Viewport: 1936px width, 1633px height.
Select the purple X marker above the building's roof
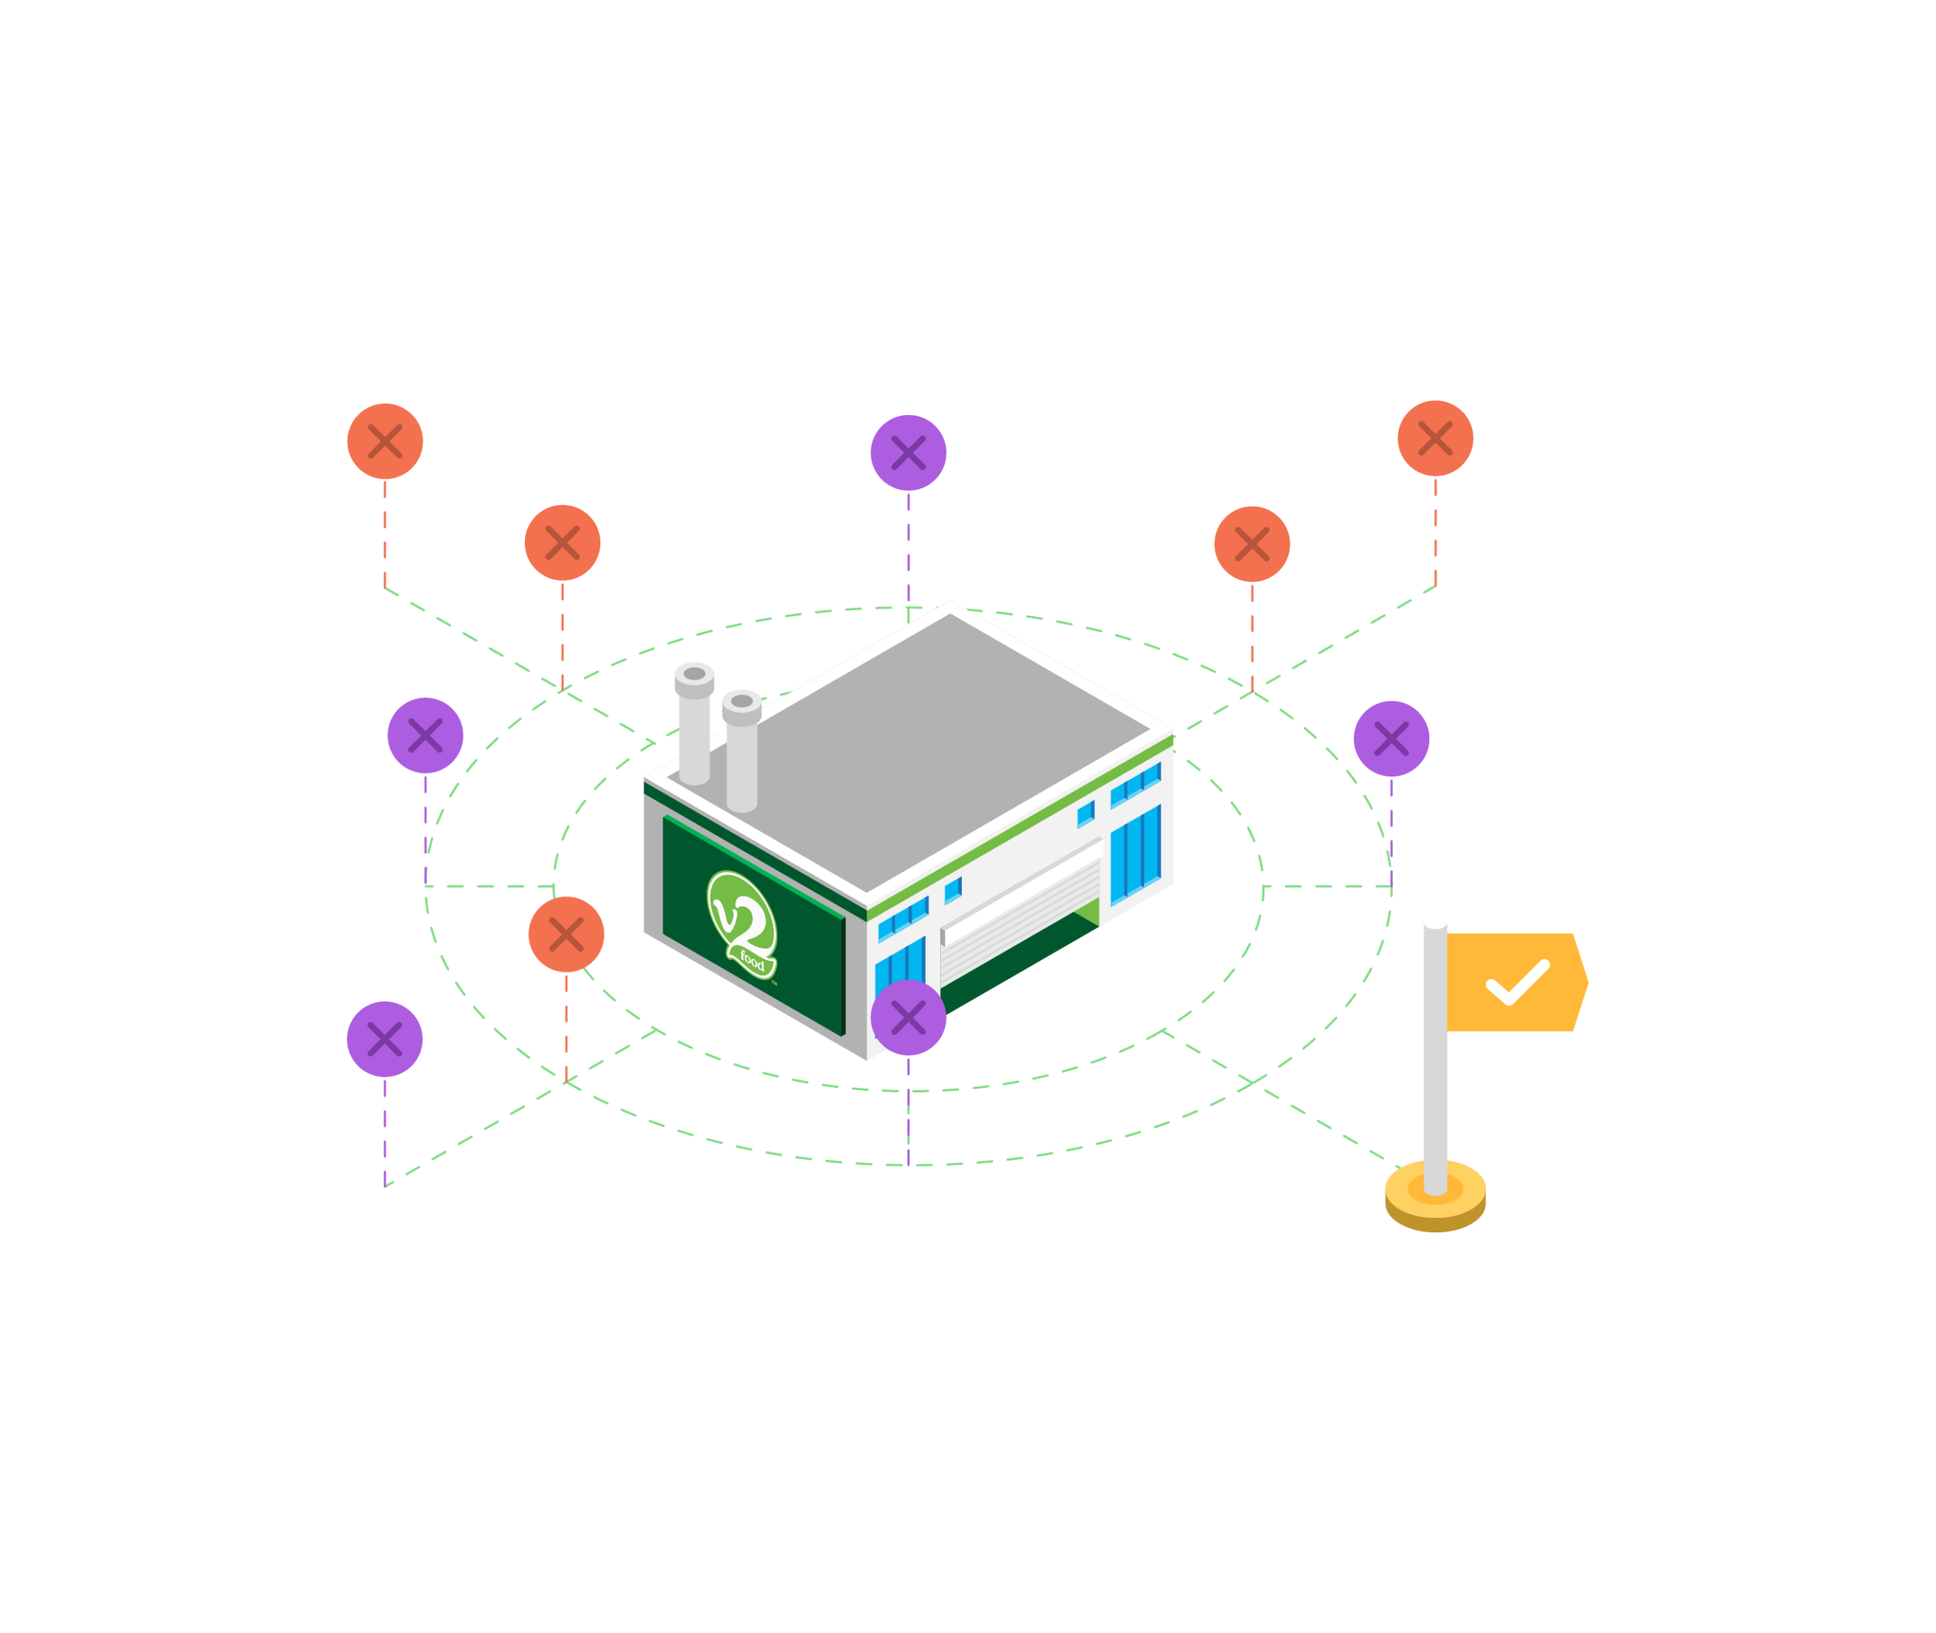pyautogui.click(x=908, y=453)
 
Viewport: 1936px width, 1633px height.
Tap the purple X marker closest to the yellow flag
pyautogui.click(x=1391, y=739)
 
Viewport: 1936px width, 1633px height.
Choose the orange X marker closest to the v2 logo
pyautogui.click(x=566, y=934)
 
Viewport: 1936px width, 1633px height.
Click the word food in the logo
pyautogui.click(x=752, y=962)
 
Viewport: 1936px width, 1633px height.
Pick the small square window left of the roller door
pyautogui.click(x=953, y=891)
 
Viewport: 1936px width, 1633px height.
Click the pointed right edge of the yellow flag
pyautogui.click(x=1588, y=982)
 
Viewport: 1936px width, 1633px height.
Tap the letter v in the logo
pyautogui.click(x=725, y=914)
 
